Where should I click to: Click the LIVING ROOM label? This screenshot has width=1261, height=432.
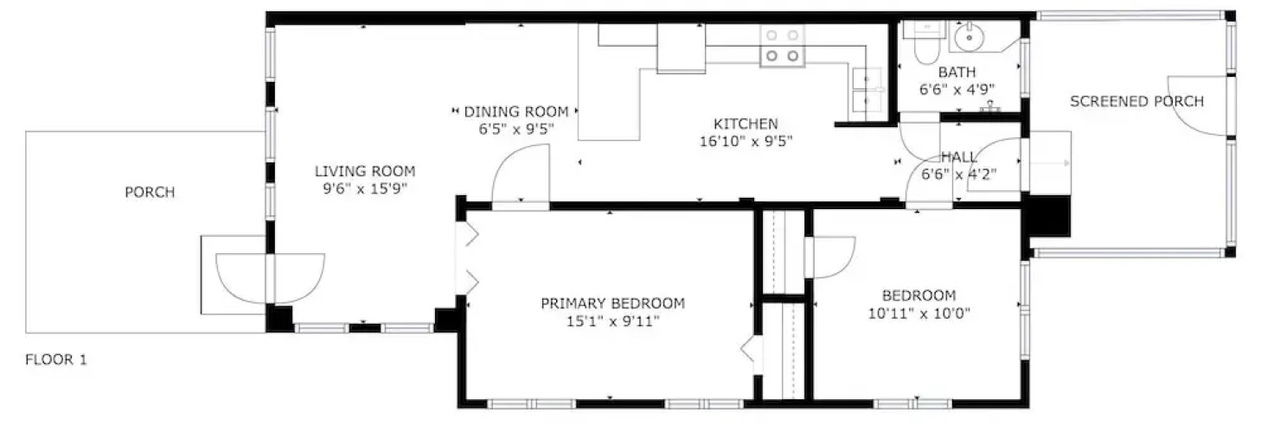coord(365,171)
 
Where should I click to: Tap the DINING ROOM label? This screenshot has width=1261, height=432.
coord(516,111)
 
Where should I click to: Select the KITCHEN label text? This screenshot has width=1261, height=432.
coord(746,124)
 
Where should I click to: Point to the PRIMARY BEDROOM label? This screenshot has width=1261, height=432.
coord(613,303)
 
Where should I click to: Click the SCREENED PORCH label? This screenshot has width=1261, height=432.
coord(1137,101)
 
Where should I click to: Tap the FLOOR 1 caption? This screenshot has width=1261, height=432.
coord(56,359)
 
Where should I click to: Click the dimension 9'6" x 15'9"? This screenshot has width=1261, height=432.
coord(365,188)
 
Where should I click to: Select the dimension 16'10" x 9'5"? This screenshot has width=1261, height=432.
coord(746,141)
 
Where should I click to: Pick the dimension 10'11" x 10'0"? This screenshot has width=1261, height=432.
coord(919,314)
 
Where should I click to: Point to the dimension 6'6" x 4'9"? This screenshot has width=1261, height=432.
coord(957,90)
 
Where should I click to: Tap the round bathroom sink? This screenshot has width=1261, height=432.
coord(970,36)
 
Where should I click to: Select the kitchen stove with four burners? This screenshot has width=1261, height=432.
coord(783,46)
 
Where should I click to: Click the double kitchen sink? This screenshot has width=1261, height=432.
coord(867,93)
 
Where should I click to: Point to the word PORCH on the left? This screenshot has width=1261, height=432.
coord(150,193)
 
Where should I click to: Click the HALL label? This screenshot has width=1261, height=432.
coord(959,157)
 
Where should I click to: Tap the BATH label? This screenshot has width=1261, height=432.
coord(957,72)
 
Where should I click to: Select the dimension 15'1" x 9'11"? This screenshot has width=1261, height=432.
coord(613,321)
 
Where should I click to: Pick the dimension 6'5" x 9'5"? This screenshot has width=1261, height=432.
coord(516,129)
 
